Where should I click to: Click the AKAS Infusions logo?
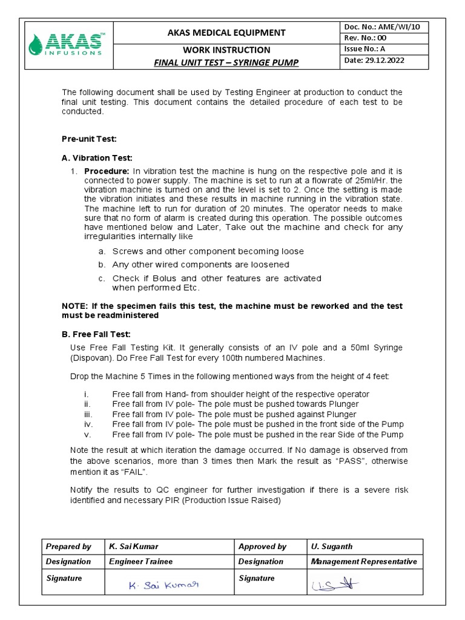(x=67, y=44)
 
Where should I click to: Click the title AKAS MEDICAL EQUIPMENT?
(x=226, y=33)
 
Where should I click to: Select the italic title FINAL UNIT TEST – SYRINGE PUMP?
(x=226, y=62)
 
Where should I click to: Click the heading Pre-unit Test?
(x=88, y=138)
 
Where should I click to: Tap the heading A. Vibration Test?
(x=97, y=157)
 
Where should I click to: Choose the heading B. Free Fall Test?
(x=96, y=334)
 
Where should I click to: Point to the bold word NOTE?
(x=74, y=306)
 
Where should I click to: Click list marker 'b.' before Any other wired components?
(x=102, y=265)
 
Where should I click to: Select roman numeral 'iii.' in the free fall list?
(x=88, y=414)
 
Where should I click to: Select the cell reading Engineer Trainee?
(x=140, y=561)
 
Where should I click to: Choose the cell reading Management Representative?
(x=363, y=561)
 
